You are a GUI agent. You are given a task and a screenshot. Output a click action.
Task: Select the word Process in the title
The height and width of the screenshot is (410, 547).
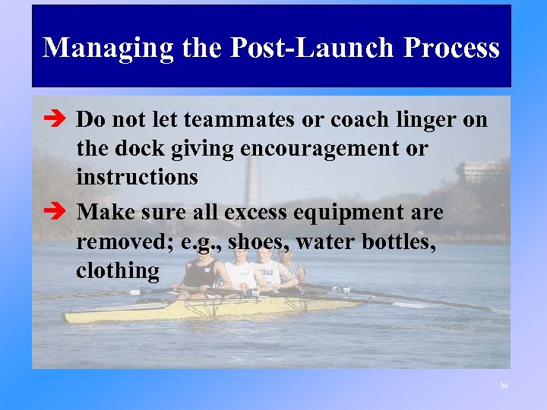tap(451, 48)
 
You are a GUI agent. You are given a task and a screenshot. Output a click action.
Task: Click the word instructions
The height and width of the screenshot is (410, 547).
tap(137, 178)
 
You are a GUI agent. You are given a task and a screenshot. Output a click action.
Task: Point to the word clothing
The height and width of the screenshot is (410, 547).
tap(118, 270)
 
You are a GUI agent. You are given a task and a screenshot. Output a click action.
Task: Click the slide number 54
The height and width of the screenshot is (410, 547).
tap(503, 386)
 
